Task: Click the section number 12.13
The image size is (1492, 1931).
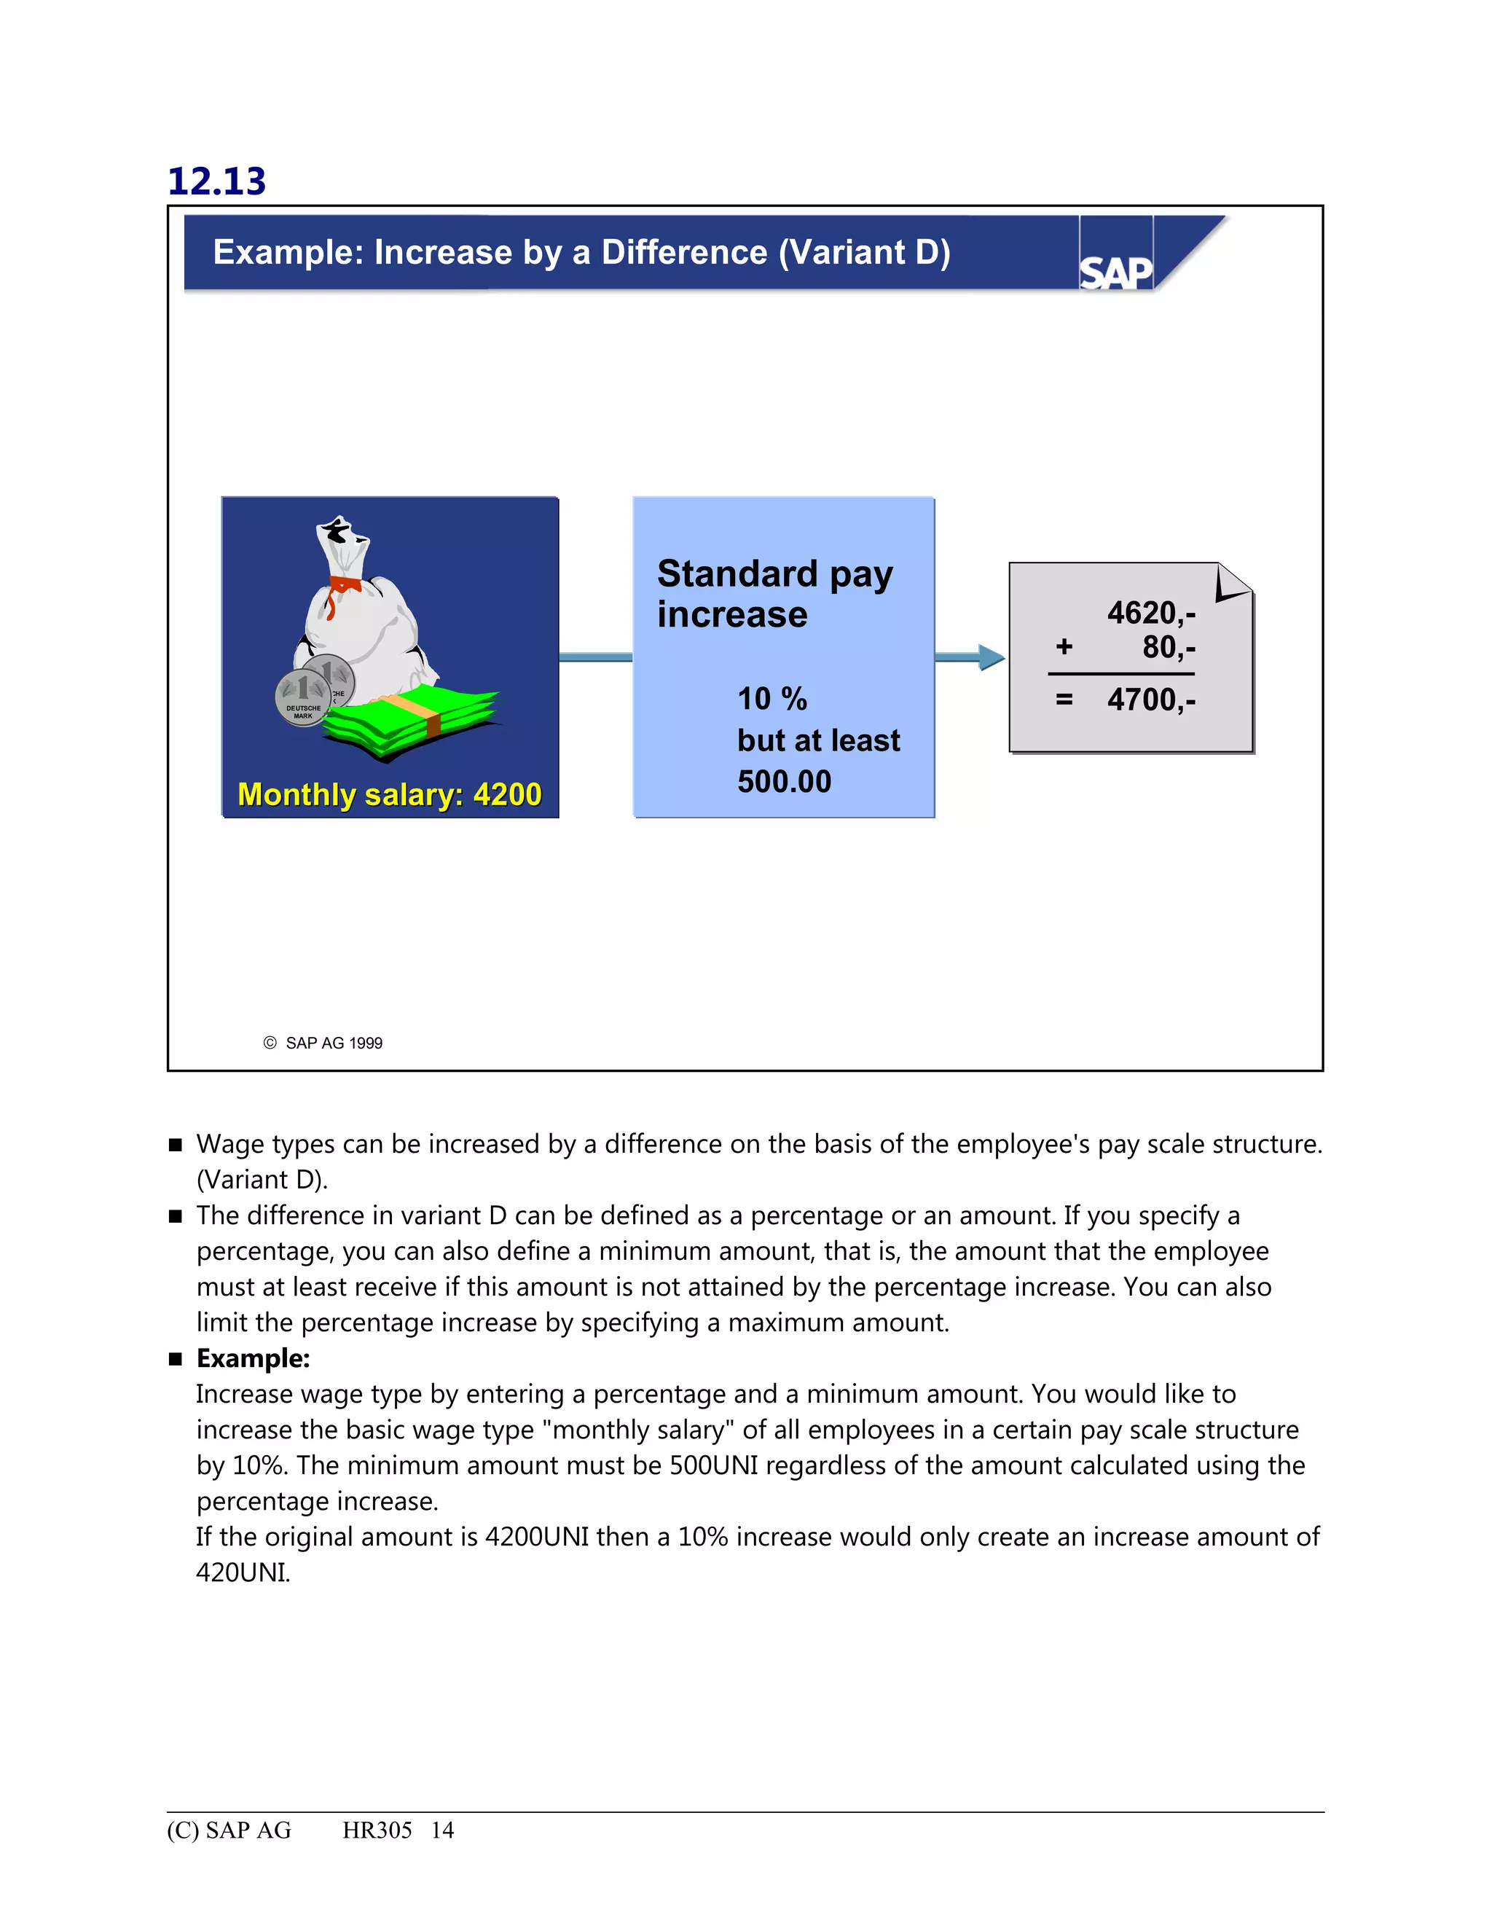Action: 216,181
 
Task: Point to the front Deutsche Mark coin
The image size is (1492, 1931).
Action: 303,697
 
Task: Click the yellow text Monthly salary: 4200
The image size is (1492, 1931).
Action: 389,794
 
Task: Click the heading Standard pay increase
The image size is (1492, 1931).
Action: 774,593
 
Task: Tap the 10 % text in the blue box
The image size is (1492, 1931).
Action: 771,699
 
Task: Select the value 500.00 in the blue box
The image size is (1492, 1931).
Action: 784,782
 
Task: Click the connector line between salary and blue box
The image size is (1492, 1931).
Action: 595,657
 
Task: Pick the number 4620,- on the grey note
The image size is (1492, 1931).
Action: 1151,612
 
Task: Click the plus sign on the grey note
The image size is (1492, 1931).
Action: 1064,647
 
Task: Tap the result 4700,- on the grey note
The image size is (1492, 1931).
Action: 1151,700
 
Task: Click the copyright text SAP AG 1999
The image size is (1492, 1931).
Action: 333,1043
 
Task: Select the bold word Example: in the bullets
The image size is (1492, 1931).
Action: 253,1358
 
